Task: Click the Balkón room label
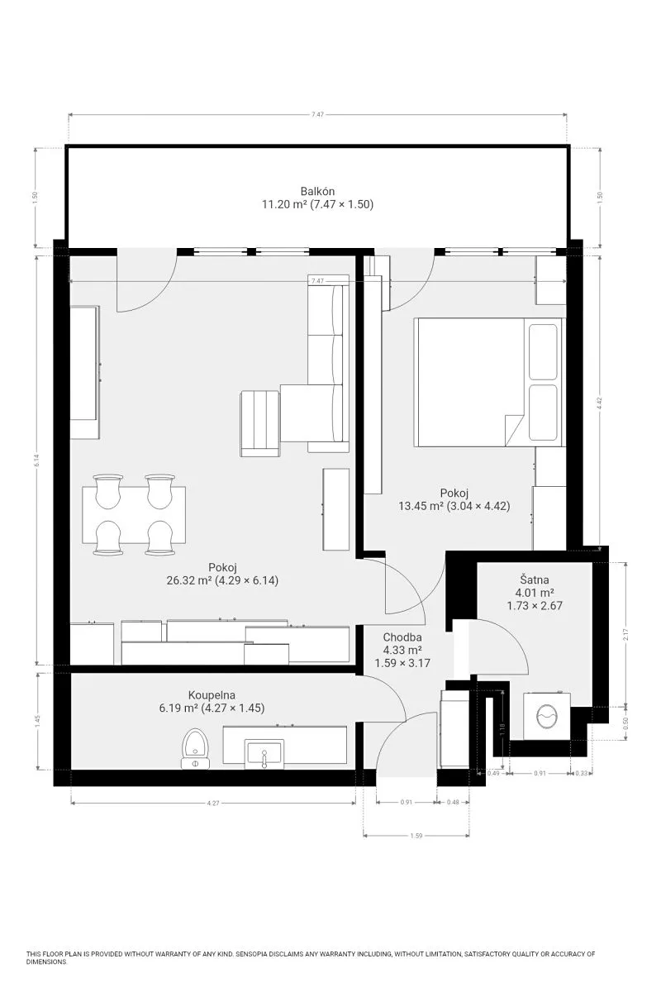[x=317, y=191]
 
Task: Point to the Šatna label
[x=535, y=579]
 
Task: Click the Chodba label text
[x=402, y=637]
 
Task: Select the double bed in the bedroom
[x=490, y=382]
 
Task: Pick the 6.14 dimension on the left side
[x=37, y=460]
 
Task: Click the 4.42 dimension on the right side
[x=600, y=403]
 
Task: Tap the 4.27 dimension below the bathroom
[x=213, y=803]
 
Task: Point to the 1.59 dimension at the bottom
[x=416, y=836]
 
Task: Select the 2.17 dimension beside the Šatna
[x=625, y=635]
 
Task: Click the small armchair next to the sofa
[x=260, y=423]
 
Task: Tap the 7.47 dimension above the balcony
[x=317, y=114]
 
